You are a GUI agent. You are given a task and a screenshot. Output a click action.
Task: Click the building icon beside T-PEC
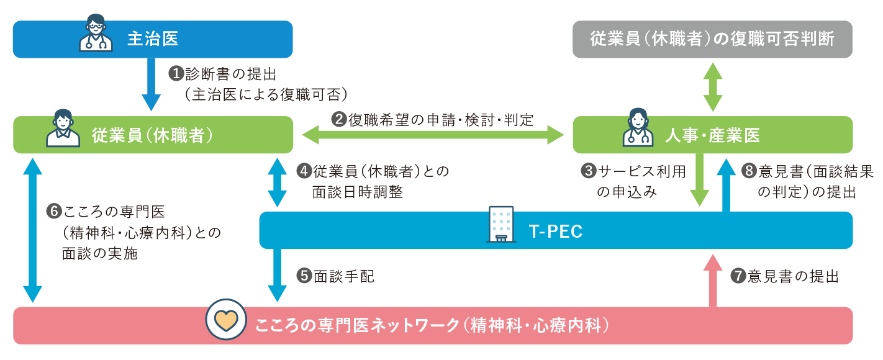501,225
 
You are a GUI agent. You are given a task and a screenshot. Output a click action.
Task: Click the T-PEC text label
555,232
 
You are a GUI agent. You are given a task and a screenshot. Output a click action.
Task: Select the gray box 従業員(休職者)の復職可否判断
712,39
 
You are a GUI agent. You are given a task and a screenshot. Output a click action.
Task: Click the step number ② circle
339,120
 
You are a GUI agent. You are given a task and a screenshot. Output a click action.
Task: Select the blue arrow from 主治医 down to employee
151,84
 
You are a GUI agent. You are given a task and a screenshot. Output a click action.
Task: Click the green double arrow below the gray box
713,87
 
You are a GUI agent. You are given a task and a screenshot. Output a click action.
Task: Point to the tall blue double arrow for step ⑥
32,230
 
